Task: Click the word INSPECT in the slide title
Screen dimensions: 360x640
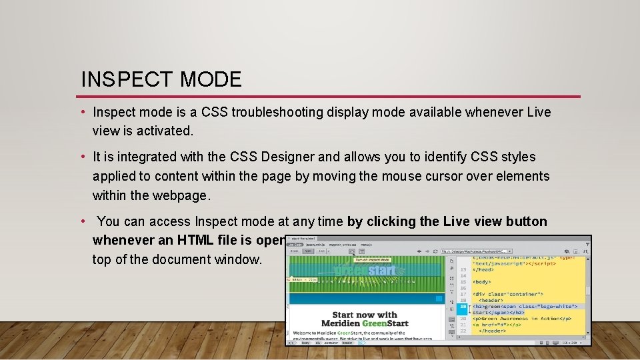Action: coord(118,79)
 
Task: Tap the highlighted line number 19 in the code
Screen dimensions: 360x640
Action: coord(462,307)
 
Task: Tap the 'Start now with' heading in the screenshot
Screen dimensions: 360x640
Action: coord(365,315)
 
